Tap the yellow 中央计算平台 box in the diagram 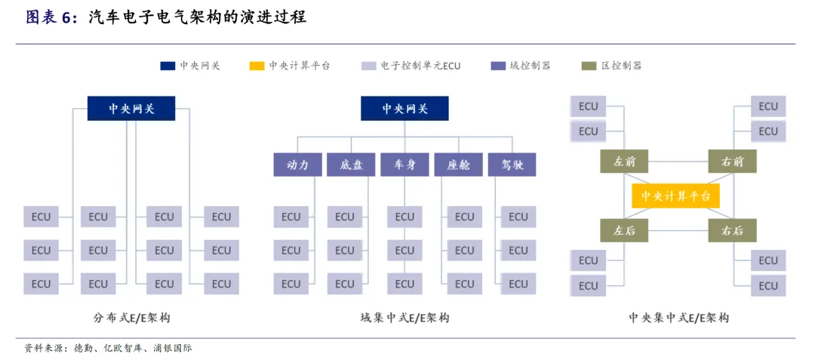675,195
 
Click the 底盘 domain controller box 352,165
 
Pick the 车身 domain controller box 404,165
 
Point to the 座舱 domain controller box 458,165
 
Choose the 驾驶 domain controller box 512,165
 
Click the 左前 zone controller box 624,162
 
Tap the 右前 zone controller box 732,162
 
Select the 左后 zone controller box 624,230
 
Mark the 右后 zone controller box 732,230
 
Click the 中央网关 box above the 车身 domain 404,109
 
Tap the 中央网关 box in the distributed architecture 131,109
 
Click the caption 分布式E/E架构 131,318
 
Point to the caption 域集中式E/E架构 404,318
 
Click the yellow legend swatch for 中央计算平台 257,66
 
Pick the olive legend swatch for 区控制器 589,66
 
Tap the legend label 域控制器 530,66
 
